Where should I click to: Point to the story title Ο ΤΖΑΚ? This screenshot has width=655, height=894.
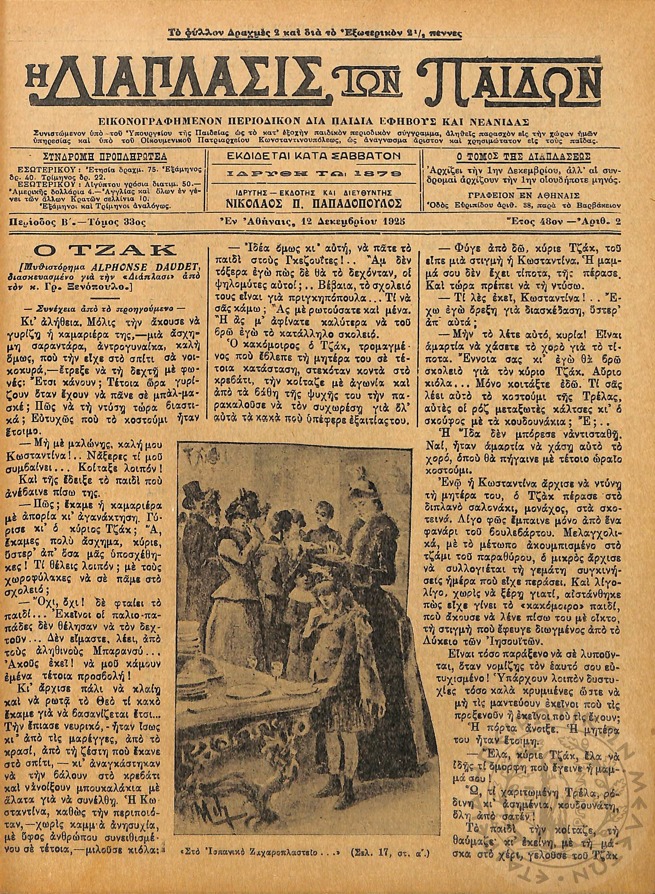pos(105,251)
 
